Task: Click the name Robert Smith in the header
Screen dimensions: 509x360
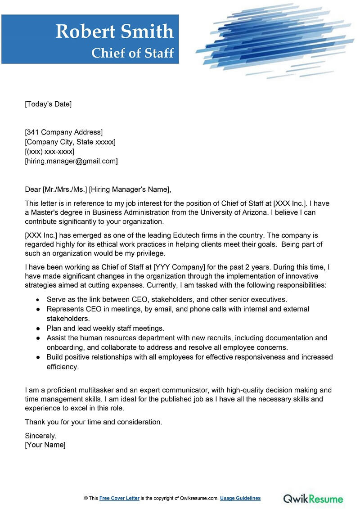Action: coord(114,32)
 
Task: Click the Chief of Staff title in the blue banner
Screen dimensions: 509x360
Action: coord(132,53)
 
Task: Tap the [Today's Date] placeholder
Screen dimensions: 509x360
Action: coord(48,104)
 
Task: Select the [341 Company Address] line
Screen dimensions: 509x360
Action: coord(63,132)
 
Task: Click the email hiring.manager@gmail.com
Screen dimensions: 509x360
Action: coord(71,161)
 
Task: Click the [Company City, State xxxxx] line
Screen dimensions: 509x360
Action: coord(70,142)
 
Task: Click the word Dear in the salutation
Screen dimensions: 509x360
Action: coord(33,189)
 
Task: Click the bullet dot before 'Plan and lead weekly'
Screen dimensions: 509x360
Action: coord(38,329)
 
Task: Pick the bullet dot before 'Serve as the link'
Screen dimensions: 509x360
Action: coord(38,299)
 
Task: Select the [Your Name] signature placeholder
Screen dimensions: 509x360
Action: coord(45,445)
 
